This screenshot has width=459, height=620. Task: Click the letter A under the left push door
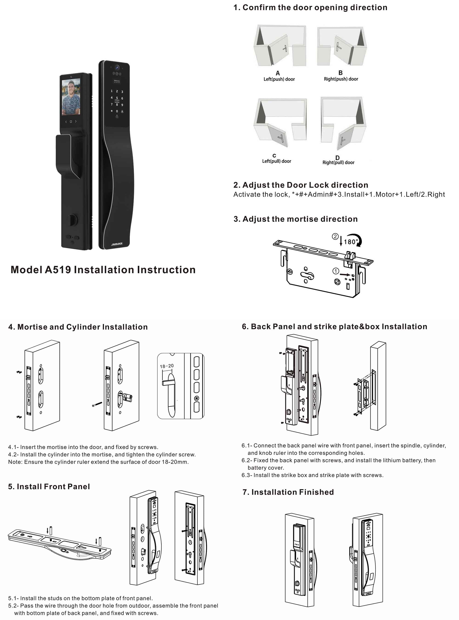pos(277,73)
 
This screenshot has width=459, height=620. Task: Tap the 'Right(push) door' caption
pos(341,79)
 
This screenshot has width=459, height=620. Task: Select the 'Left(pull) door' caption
pos(277,161)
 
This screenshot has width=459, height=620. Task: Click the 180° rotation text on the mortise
pos(350,242)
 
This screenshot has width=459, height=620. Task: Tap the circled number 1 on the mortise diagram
pos(336,271)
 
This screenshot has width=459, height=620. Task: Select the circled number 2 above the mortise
pos(335,236)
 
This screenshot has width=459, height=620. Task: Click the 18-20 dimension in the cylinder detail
pos(167,366)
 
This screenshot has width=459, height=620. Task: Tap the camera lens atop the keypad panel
pos(117,67)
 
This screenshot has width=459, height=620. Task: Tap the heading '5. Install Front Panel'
pos(49,487)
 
